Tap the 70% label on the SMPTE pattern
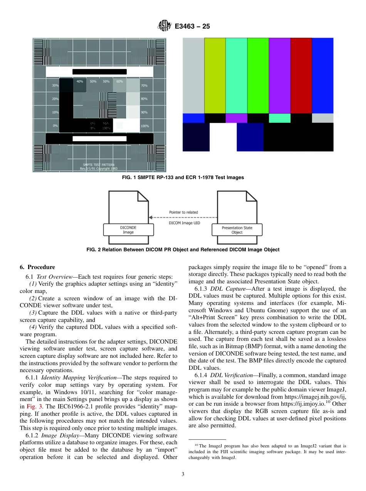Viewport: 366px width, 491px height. point(144,85)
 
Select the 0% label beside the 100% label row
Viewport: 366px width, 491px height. point(55,126)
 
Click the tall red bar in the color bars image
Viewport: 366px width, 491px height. point(301,75)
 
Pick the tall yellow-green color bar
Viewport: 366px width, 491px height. point(215,75)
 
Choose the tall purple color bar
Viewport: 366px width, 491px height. point(279,75)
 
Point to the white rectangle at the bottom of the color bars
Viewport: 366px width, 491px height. point(223,137)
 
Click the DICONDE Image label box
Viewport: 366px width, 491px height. point(128,230)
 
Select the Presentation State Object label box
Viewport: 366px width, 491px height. point(237,230)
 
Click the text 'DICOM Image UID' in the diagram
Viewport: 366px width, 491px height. point(185,223)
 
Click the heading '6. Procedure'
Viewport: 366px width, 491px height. point(37,267)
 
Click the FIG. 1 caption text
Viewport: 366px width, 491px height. point(183,178)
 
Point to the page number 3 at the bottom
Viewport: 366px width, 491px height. point(183,474)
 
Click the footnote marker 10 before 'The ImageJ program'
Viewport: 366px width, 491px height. point(196,445)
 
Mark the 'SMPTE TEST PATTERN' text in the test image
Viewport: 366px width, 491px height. point(99,165)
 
